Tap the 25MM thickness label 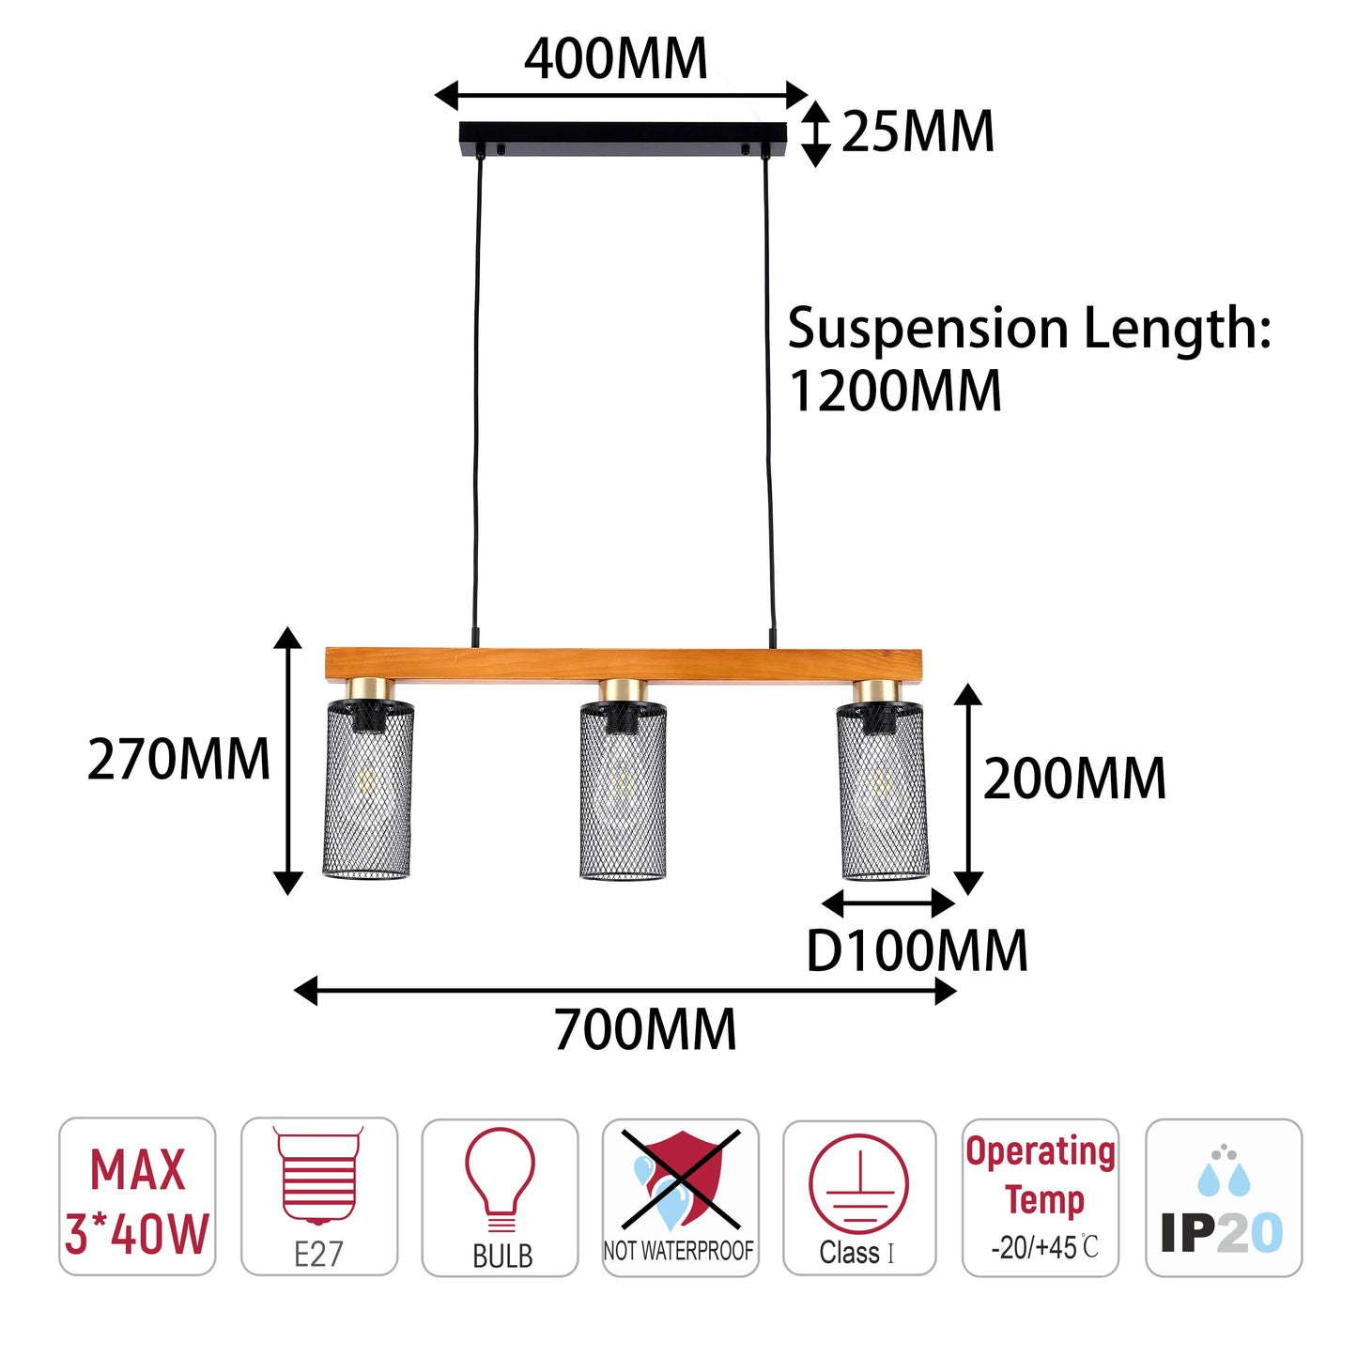click(x=918, y=131)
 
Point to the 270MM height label click(x=178, y=759)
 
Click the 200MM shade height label click(x=1074, y=779)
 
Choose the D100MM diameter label click(x=917, y=950)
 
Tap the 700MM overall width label click(x=645, y=1029)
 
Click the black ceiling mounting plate click(x=623, y=138)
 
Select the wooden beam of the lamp click(x=624, y=665)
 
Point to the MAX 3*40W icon click(x=137, y=1196)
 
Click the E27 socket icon click(x=319, y=1196)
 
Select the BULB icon click(x=500, y=1197)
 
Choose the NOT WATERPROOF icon click(x=680, y=1197)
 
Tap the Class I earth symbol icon click(x=860, y=1197)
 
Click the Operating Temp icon click(x=1041, y=1197)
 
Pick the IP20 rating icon click(x=1224, y=1197)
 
